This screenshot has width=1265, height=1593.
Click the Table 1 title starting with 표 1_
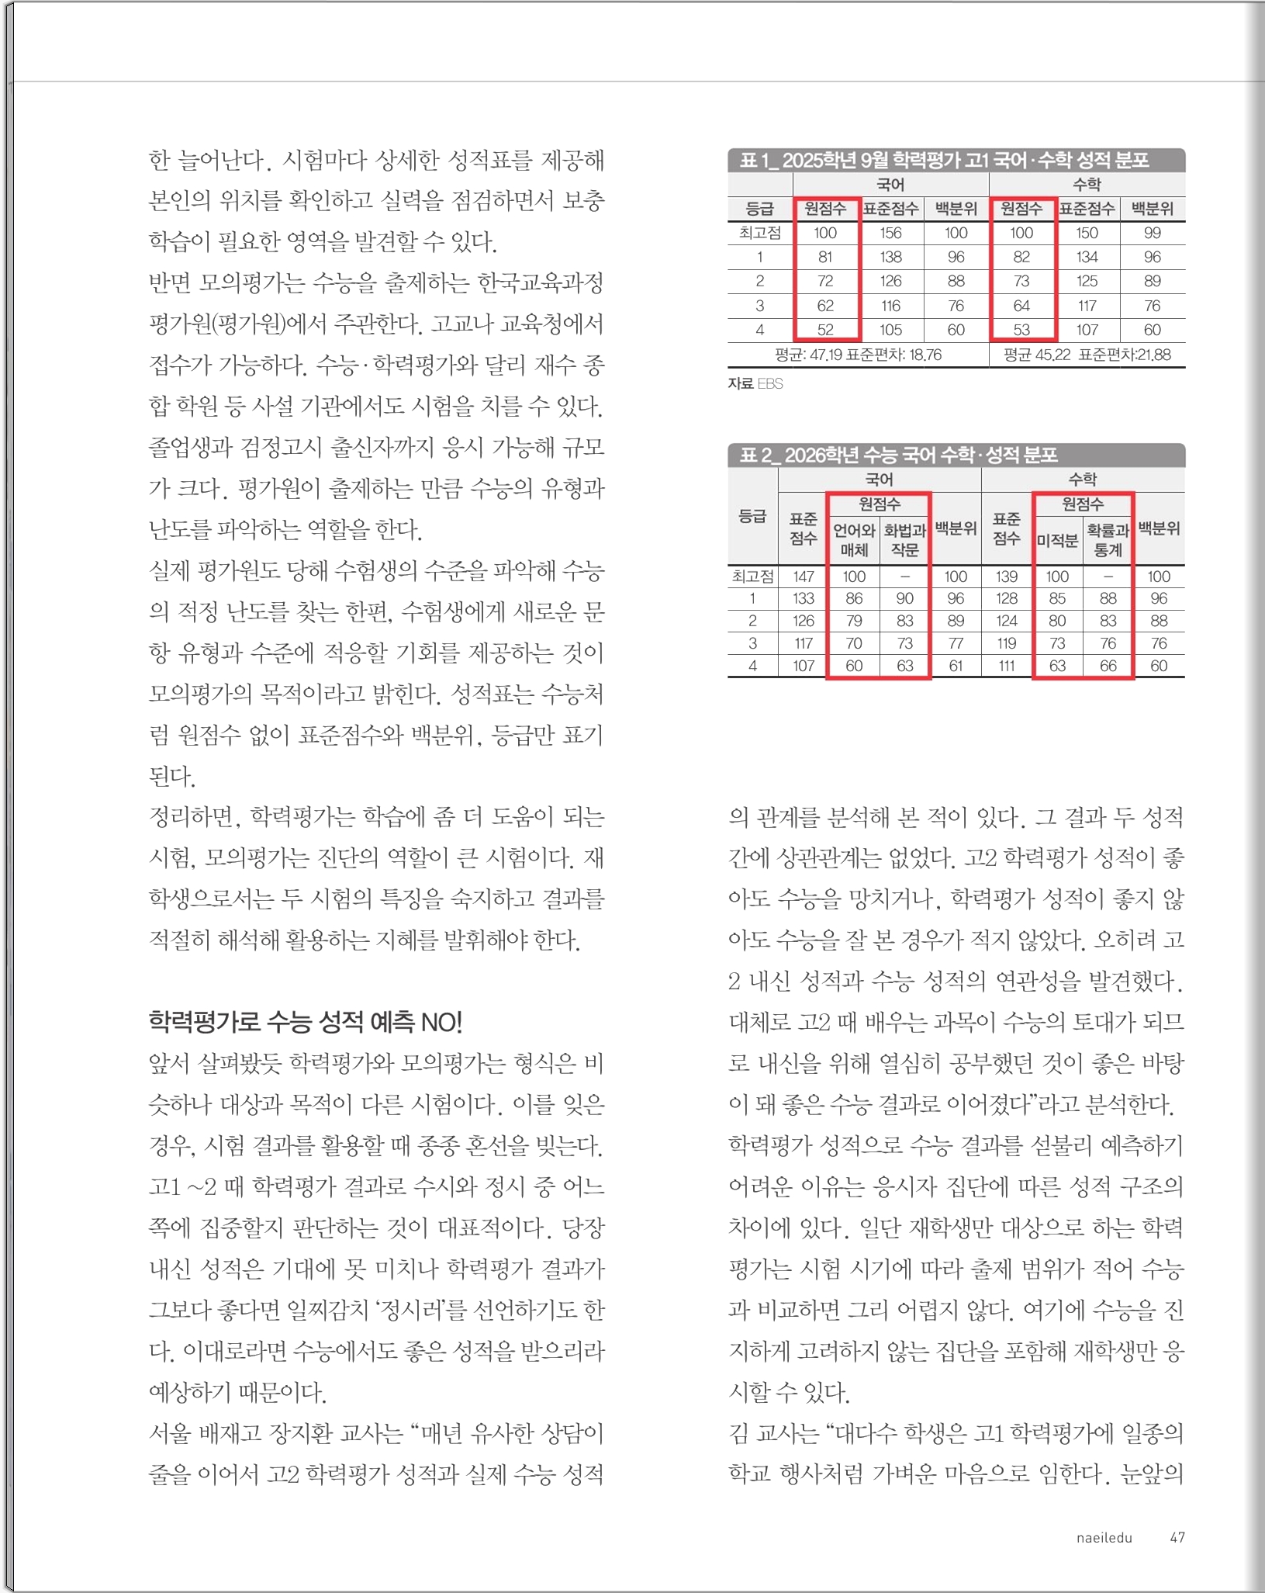click(x=943, y=160)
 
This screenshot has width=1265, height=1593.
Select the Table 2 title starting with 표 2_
click(x=898, y=455)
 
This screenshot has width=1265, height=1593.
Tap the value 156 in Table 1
click(x=890, y=233)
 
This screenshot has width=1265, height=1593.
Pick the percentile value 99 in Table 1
click(x=1152, y=233)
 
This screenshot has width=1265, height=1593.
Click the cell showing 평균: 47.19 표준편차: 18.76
click(x=858, y=355)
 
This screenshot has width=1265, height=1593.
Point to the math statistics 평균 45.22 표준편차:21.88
click(x=1087, y=355)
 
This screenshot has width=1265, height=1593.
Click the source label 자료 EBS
click(x=755, y=383)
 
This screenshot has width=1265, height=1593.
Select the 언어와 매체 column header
click(x=853, y=540)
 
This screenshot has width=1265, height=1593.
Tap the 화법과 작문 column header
click(x=904, y=540)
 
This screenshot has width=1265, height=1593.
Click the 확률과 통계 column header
click(x=1108, y=540)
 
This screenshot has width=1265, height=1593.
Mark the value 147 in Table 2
click(x=804, y=577)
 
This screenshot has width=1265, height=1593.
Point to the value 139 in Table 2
click(x=1006, y=577)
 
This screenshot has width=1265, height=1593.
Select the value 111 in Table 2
click(x=1006, y=666)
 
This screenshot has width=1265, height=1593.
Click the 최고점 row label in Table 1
click(x=759, y=233)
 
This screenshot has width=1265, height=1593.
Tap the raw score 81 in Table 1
click(x=825, y=257)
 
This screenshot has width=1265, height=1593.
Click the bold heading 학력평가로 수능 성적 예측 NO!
click(x=305, y=1022)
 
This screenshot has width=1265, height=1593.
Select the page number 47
click(x=1177, y=1537)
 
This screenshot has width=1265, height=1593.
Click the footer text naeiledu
click(x=1104, y=1537)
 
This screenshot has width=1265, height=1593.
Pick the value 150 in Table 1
click(x=1087, y=233)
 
